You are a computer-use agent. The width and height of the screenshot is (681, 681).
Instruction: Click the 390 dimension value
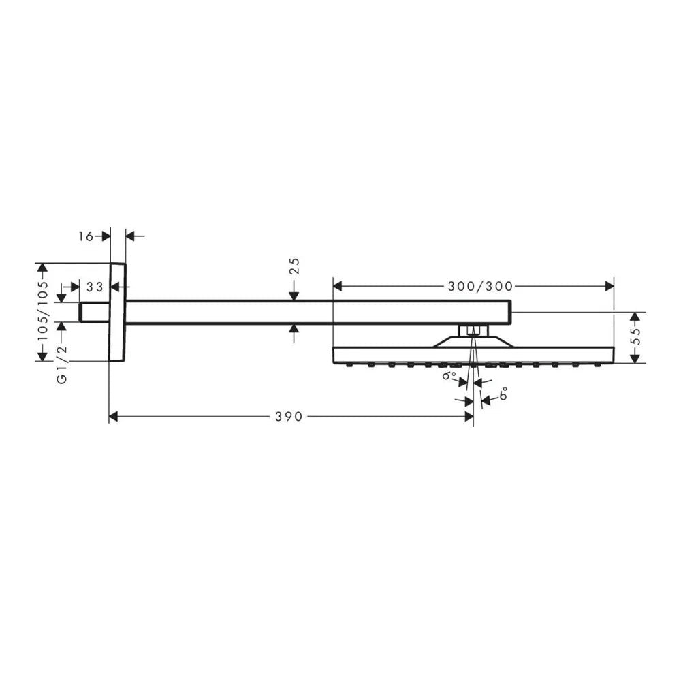289,417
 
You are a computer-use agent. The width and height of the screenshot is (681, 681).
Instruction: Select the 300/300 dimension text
480,286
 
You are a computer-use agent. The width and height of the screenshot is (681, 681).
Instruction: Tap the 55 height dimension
636,337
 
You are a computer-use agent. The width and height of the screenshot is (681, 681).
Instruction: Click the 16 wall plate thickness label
86,236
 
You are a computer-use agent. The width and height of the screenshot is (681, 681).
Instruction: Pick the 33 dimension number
95,287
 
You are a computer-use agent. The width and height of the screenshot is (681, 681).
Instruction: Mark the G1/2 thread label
63,364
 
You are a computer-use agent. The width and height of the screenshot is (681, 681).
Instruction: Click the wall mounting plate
117,312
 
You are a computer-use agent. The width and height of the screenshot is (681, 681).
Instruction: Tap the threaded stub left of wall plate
94,313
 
